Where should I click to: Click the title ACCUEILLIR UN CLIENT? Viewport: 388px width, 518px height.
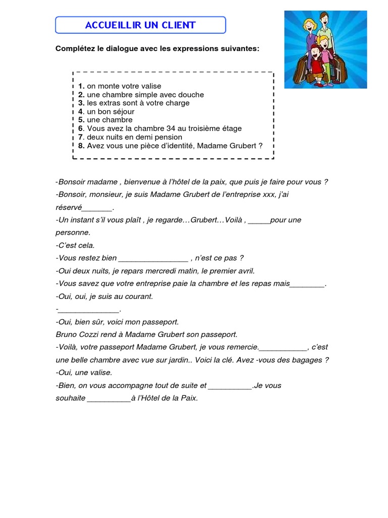coord(140,25)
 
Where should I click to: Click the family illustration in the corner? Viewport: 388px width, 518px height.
coord(325,50)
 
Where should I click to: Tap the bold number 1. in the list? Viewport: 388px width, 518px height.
coord(81,86)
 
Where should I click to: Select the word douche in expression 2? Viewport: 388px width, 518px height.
coord(191,95)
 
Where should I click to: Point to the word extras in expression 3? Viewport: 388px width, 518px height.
coord(110,103)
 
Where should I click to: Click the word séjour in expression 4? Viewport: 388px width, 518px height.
coord(122,112)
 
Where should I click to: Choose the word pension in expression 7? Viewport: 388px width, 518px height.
coord(168,137)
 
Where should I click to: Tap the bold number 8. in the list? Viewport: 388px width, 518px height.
coord(81,146)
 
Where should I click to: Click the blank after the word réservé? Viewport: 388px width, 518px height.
coord(97,208)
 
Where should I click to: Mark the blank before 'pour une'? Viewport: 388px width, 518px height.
coord(259,221)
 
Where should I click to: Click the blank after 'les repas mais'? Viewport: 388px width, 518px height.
coord(307,284)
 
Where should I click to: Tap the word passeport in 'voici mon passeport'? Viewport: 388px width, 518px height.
coord(163,322)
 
